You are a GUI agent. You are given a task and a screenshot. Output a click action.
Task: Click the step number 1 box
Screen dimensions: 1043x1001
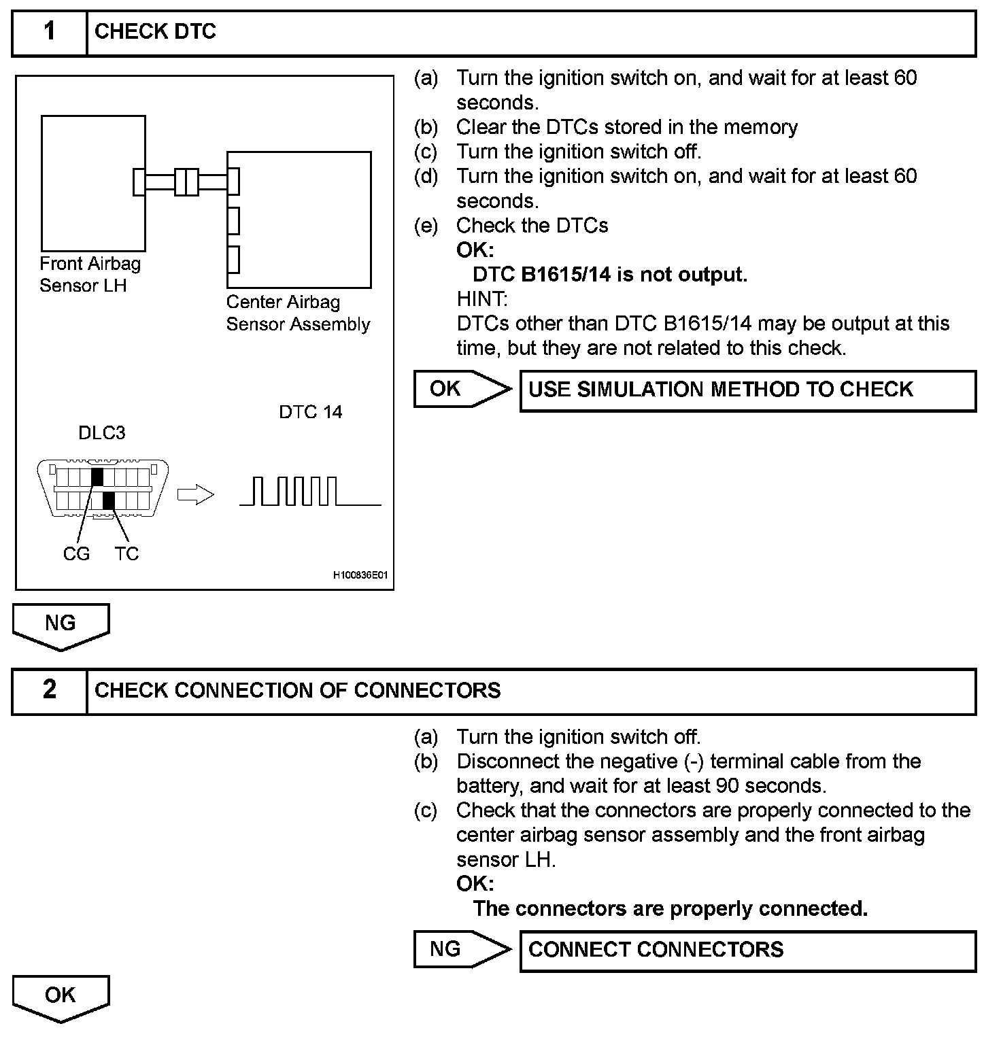(x=50, y=32)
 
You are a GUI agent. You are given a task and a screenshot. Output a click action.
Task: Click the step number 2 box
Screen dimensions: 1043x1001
(x=50, y=691)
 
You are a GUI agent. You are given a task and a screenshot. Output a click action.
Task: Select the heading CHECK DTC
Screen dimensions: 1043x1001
(x=155, y=32)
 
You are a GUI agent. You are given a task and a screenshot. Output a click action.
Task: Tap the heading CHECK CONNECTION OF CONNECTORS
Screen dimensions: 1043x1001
(x=297, y=691)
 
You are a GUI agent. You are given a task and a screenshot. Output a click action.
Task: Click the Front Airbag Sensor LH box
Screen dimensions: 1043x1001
(x=93, y=183)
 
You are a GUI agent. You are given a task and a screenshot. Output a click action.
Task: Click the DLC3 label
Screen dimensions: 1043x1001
(x=102, y=433)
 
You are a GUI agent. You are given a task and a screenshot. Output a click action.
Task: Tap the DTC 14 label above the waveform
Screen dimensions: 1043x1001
(x=310, y=412)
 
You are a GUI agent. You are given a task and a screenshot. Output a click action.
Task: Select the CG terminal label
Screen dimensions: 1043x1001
(x=76, y=554)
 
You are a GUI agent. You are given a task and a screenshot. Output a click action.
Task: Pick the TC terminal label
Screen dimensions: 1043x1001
(x=126, y=554)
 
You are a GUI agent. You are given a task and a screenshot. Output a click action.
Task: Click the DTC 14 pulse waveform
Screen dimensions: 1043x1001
(x=310, y=492)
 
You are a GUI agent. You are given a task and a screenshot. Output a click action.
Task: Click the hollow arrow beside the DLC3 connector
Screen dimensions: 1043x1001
(x=195, y=495)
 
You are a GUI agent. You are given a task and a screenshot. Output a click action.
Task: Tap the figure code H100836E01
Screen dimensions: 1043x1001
(x=360, y=575)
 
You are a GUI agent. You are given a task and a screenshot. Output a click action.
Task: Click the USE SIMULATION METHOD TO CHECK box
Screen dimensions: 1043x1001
(x=747, y=390)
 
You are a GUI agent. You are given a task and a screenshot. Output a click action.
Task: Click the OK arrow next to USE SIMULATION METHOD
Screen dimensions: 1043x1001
(x=462, y=389)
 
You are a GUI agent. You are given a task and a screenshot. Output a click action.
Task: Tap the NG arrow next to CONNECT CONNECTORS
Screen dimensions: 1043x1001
(x=462, y=949)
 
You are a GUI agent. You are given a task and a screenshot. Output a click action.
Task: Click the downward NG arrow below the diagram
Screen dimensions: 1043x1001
(x=61, y=626)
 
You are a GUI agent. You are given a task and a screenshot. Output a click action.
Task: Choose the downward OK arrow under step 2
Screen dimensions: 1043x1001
(x=61, y=997)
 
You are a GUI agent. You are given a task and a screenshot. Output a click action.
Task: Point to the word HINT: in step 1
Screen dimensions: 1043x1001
(x=481, y=299)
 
